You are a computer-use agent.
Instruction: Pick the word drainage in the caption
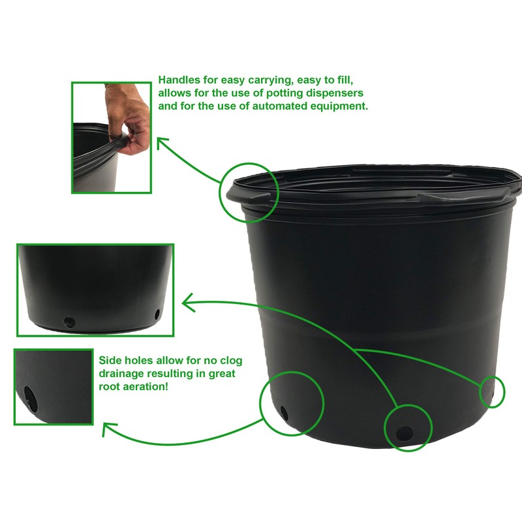tap(121, 373)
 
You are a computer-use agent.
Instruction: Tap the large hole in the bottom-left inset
tap(29, 396)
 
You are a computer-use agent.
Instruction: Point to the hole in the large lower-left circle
tap(283, 412)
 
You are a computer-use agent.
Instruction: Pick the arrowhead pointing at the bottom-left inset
tap(108, 429)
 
